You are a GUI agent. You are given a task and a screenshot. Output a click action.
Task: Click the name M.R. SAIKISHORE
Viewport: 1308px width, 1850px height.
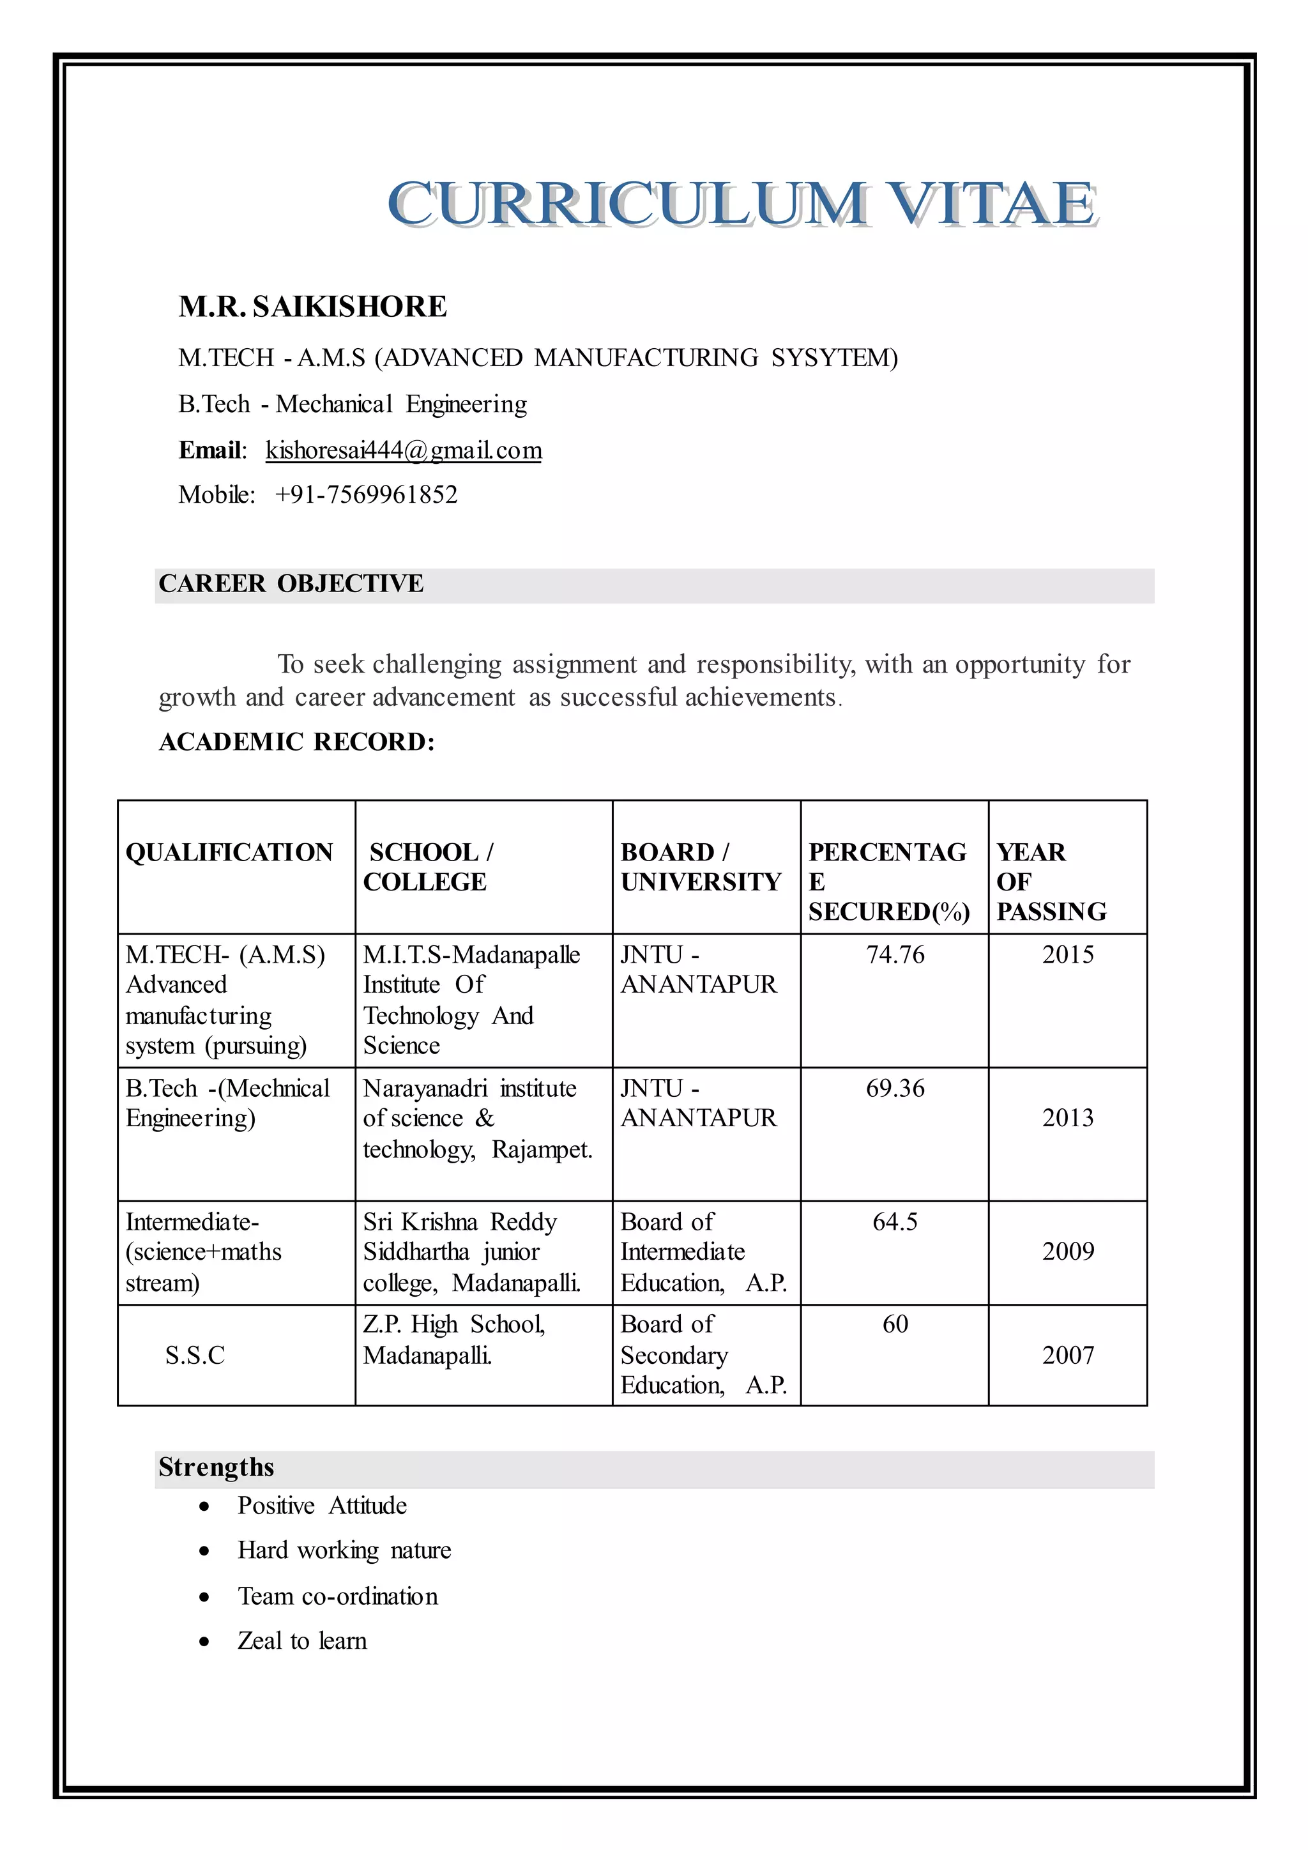pyautogui.click(x=312, y=307)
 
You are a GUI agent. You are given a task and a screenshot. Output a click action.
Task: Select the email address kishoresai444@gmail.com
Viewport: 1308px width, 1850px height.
pyautogui.click(x=404, y=450)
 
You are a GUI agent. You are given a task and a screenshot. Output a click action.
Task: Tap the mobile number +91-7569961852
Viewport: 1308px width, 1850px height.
pyautogui.click(x=366, y=494)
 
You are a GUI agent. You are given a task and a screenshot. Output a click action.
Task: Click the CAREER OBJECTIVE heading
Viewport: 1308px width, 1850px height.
pyautogui.click(x=291, y=583)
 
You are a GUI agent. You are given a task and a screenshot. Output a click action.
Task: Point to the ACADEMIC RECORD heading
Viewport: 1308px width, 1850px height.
pyautogui.click(x=296, y=742)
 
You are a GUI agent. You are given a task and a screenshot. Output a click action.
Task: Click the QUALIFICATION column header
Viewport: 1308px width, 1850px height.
pyautogui.click(x=229, y=852)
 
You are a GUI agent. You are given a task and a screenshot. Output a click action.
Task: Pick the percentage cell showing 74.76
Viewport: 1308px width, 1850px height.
pyautogui.click(x=895, y=955)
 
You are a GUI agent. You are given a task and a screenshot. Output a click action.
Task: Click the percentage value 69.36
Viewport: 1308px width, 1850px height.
pyautogui.click(x=895, y=1089)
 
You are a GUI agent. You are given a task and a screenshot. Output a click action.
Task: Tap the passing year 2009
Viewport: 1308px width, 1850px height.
pyautogui.click(x=1067, y=1251)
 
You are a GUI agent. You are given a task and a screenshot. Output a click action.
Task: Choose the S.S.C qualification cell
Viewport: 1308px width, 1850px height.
pyautogui.click(x=195, y=1356)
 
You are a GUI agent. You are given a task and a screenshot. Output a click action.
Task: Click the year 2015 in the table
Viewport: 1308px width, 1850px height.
pyautogui.click(x=1067, y=955)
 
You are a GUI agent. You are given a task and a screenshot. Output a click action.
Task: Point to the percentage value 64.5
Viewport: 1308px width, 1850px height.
pyautogui.click(x=895, y=1221)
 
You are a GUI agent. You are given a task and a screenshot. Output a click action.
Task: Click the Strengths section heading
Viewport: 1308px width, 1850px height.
pyautogui.click(x=216, y=1467)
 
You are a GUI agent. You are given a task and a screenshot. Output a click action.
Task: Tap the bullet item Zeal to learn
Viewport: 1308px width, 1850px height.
pyautogui.click(x=302, y=1641)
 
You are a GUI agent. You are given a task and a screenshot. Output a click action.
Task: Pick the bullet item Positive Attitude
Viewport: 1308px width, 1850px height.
pyautogui.click(x=322, y=1506)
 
